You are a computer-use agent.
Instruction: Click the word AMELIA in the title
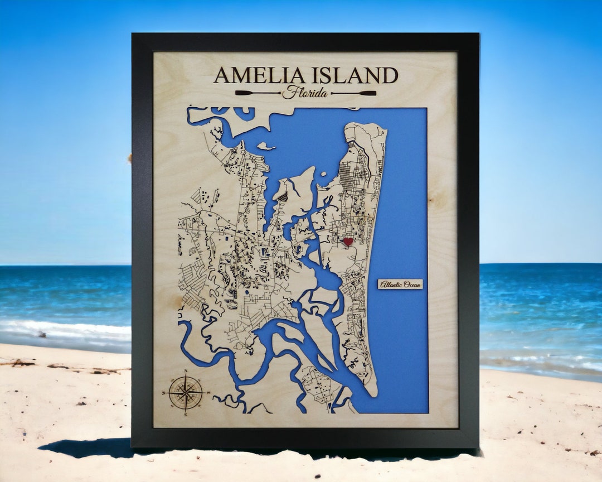point(259,75)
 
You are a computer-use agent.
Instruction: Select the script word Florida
point(305,93)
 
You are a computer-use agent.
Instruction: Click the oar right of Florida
point(353,93)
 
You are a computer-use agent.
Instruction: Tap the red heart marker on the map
point(348,242)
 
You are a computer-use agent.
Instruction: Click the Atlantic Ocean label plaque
point(400,285)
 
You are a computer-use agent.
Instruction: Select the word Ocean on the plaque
point(410,285)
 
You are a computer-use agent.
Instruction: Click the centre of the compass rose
point(186,392)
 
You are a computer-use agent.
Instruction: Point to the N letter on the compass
point(186,371)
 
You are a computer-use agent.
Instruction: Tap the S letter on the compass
point(186,414)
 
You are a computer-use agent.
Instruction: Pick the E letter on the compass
point(208,393)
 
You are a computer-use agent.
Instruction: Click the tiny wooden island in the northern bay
point(266,147)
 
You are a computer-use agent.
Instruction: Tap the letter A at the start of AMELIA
point(221,75)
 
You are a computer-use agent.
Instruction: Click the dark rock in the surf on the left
point(41,334)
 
